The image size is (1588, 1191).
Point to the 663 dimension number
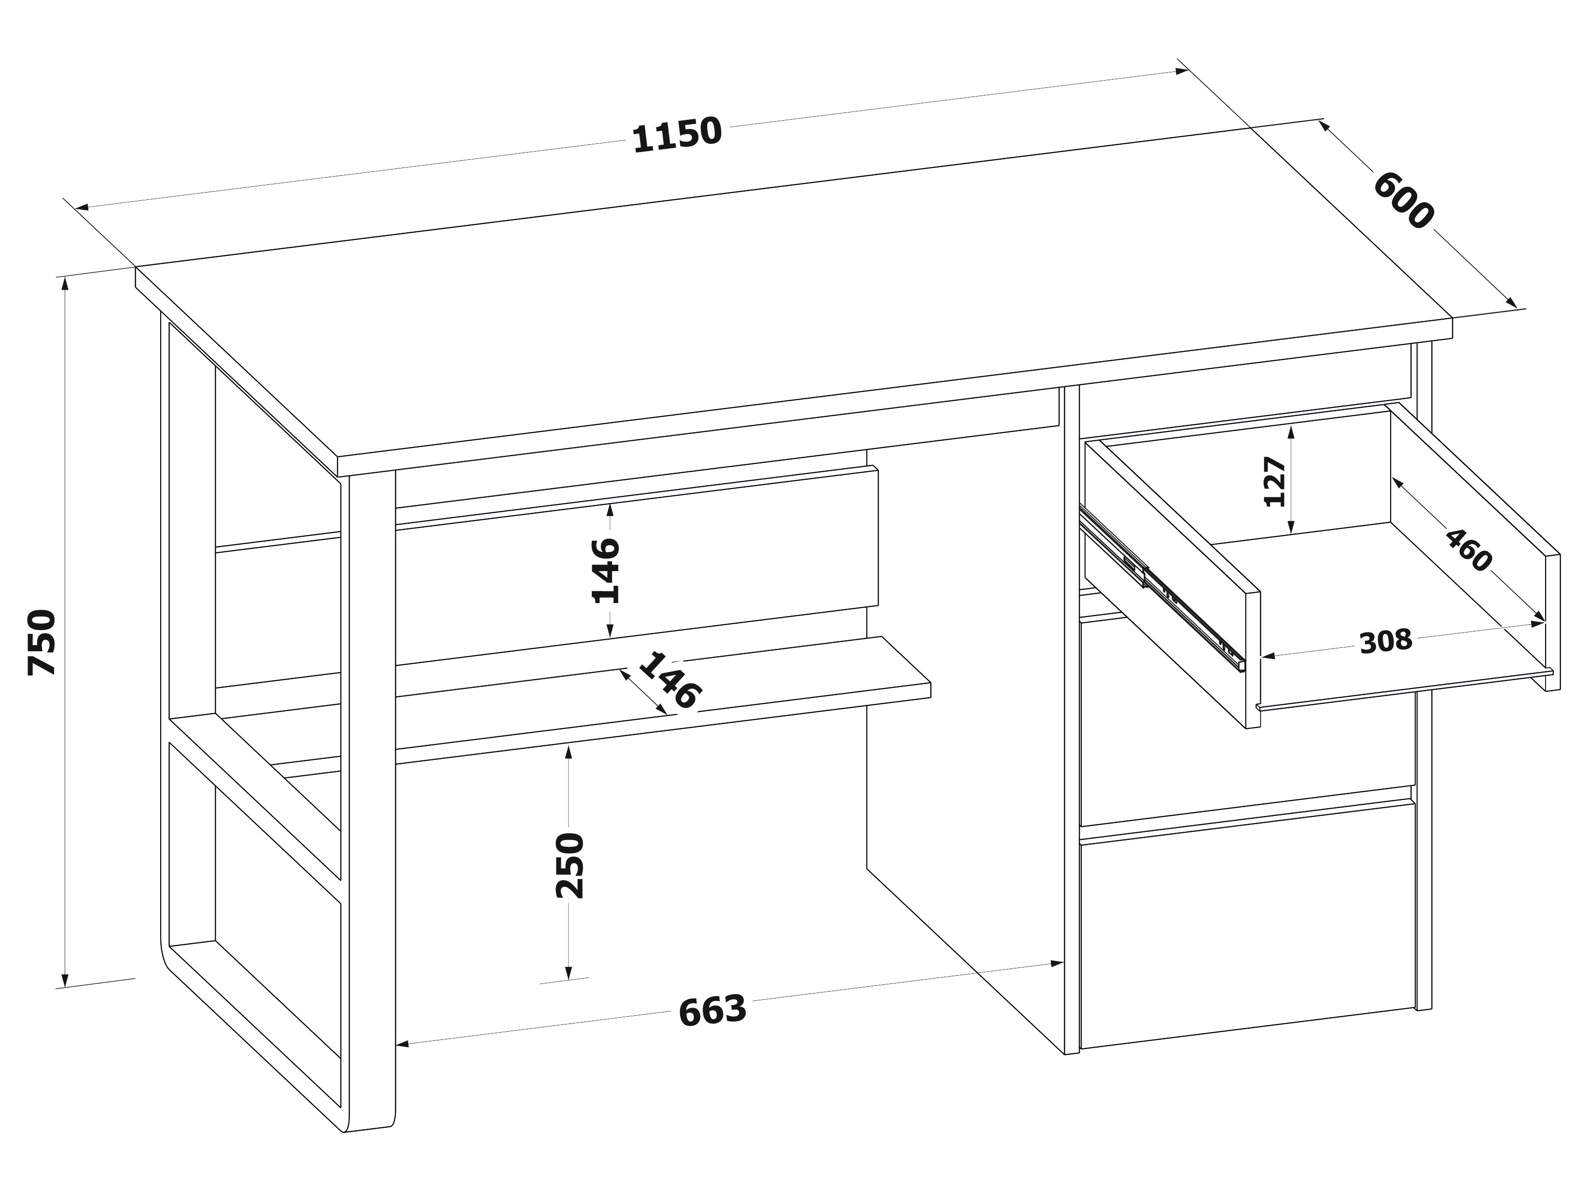coord(712,1011)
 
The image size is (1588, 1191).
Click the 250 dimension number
coord(570,865)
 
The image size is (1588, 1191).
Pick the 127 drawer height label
coord(1275,481)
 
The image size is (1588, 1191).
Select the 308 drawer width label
coord(1386,641)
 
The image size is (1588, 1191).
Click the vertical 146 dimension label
coord(605,570)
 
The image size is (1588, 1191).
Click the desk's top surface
coord(790,302)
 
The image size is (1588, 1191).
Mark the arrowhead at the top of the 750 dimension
coord(65,283)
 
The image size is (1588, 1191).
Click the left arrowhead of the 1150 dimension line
coord(82,208)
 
